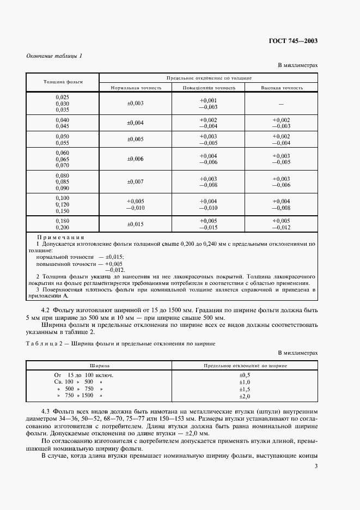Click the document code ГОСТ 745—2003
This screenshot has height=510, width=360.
pos(294,41)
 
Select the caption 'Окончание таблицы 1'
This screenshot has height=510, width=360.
pos(54,56)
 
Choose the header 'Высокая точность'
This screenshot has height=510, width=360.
pos(282,87)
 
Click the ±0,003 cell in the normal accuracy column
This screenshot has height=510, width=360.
pos(136,103)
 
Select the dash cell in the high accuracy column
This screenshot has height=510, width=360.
pos(282,104)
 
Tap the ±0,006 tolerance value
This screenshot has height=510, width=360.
pos(136,159)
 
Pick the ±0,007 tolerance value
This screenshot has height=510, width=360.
pos(136,181)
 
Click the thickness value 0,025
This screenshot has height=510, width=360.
pos(63,97)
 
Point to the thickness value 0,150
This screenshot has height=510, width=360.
pos(63,210)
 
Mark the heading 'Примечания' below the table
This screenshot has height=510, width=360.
pos(60,238)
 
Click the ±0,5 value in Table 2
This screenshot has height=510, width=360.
pos(245,375)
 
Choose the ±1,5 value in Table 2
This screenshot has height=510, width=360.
pos(245,389)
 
